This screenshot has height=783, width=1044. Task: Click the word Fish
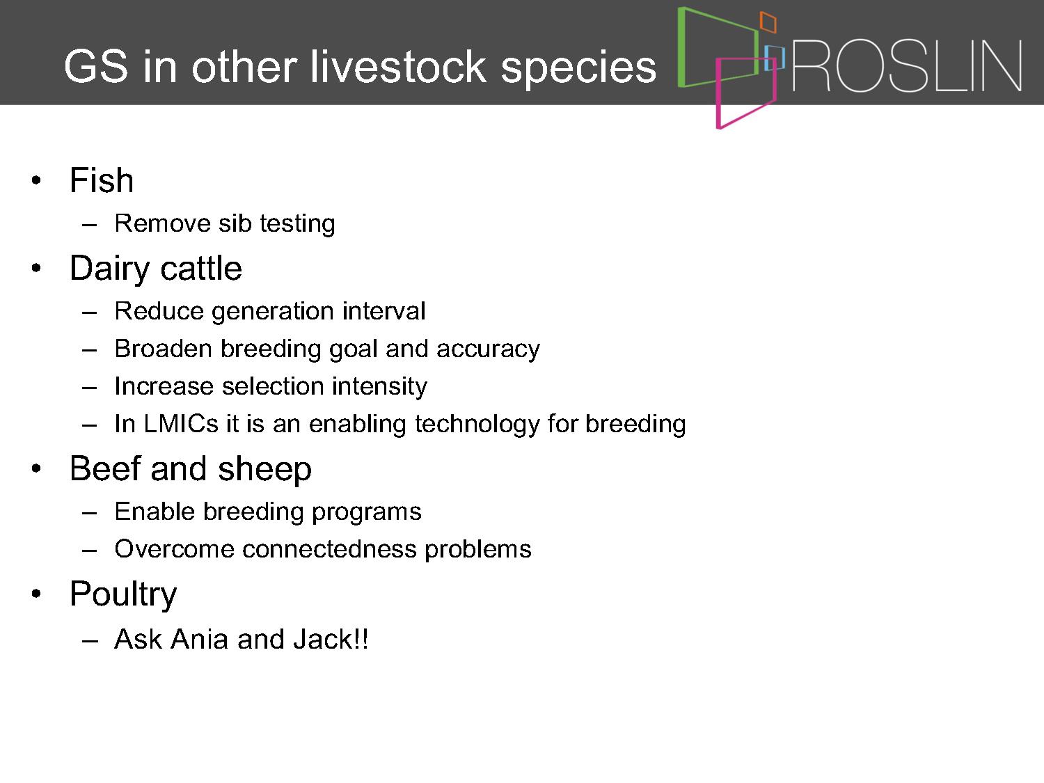point(102,180)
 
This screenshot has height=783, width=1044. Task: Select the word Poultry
point(123,595)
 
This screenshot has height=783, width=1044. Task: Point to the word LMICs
point(181,424)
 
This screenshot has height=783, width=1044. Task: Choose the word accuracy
point(488,350)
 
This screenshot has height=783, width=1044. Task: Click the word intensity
point(379,386)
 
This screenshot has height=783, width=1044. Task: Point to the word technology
point(477,425)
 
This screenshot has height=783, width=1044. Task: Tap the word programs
point(367,513)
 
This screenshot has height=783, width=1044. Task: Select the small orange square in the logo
point(768,22)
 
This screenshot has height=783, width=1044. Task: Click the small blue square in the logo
point(775,58)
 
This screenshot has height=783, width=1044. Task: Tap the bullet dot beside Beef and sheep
point(36,468)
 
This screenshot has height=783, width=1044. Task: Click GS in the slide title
point(96,67)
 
